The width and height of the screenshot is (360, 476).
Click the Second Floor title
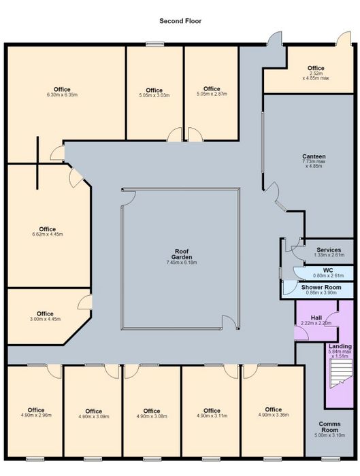[180, 21]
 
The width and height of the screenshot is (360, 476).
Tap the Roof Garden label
[182, 254]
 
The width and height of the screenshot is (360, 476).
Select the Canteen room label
[314, 156]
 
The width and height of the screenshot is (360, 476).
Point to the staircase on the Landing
[341, 373]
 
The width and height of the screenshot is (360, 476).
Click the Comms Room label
[329, 427]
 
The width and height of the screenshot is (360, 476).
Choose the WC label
[328, 270]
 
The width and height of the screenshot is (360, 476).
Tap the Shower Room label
[321, 287]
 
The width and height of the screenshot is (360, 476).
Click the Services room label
[329, 250]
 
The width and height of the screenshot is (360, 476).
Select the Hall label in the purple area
[316, 318]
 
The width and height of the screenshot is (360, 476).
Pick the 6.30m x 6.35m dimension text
[62, 95]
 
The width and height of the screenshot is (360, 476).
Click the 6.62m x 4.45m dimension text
[48, 235]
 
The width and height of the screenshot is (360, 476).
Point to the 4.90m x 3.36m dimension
[274, 415]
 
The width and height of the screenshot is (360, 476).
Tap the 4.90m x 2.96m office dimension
[36, 415]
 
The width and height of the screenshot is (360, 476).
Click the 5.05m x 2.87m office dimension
[212, 94]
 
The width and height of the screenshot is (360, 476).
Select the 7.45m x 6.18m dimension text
[182, 262]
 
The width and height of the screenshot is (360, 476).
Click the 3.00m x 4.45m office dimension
[45, 319]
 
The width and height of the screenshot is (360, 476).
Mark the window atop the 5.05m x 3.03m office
[154, 44]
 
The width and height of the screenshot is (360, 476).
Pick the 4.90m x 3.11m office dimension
[212, 416]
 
